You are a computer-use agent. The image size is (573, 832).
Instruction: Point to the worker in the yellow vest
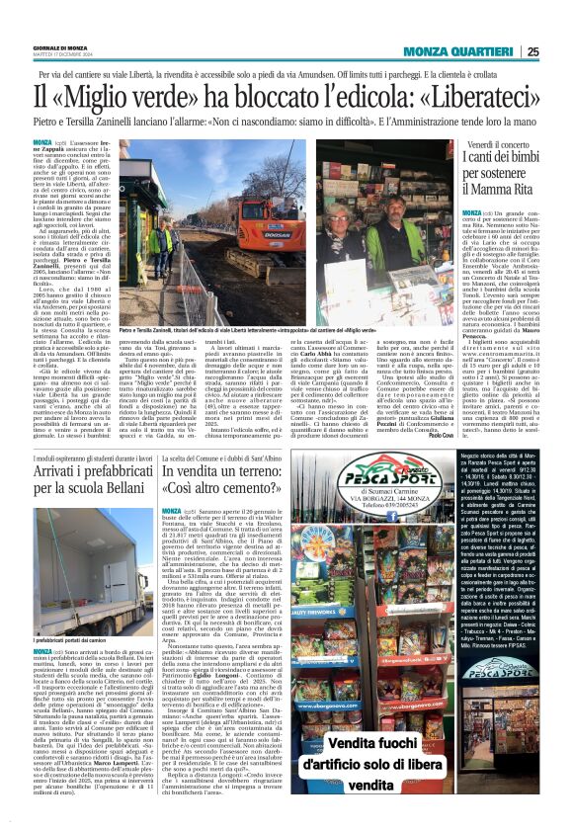click(x=159, y=237)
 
